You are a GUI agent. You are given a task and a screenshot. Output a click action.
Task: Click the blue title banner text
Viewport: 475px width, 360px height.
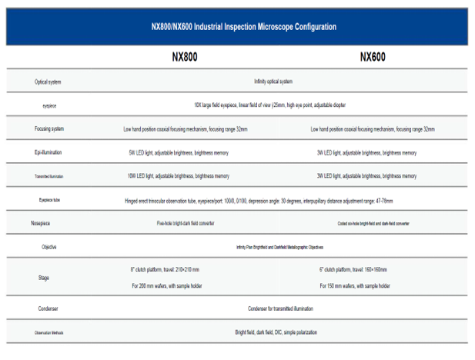243,27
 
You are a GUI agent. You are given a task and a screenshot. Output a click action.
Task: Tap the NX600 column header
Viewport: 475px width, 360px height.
373,58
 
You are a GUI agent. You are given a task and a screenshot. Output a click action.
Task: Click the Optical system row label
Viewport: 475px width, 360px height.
48,82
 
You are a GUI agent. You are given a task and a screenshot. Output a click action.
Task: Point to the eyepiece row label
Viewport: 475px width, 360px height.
48,105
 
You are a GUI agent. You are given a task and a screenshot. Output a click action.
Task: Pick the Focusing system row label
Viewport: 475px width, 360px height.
48,129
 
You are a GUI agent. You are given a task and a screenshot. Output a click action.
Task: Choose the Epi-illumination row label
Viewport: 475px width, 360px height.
48,153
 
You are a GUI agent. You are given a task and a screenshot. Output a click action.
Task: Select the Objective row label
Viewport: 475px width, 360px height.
49,247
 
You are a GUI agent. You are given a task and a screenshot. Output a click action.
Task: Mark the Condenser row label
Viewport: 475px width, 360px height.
49,308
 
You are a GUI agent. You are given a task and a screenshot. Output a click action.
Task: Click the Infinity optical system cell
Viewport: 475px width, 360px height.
273,82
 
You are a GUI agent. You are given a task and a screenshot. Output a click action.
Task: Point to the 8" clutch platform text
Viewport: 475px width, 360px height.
166,270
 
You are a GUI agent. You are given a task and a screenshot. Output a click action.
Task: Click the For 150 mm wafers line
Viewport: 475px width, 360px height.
354,285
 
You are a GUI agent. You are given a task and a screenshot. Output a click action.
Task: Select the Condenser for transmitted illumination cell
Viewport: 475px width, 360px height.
280,308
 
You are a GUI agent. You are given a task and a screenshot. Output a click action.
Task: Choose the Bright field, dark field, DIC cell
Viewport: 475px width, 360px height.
276,332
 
